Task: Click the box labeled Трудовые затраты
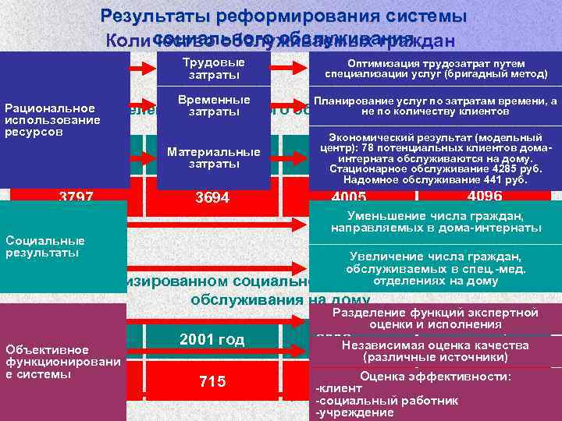pyautogui.click(x=213, y=69)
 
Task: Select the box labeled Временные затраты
pyautogui.click(x=213, y=106)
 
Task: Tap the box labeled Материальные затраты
pyautogui.click(x=213, y=157)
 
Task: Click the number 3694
pyautogui.click(x=212, y=198)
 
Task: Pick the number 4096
pyautogui.click(x=485, y=196)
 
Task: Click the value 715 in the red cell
pyautogui.click(x=212, y=381)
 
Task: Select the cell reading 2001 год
pyautogui.click(x=212, y=339)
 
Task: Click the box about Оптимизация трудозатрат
pyautogui.click(x=436, y=69)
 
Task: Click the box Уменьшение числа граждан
pyautogui.click(x=436, y=221)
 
